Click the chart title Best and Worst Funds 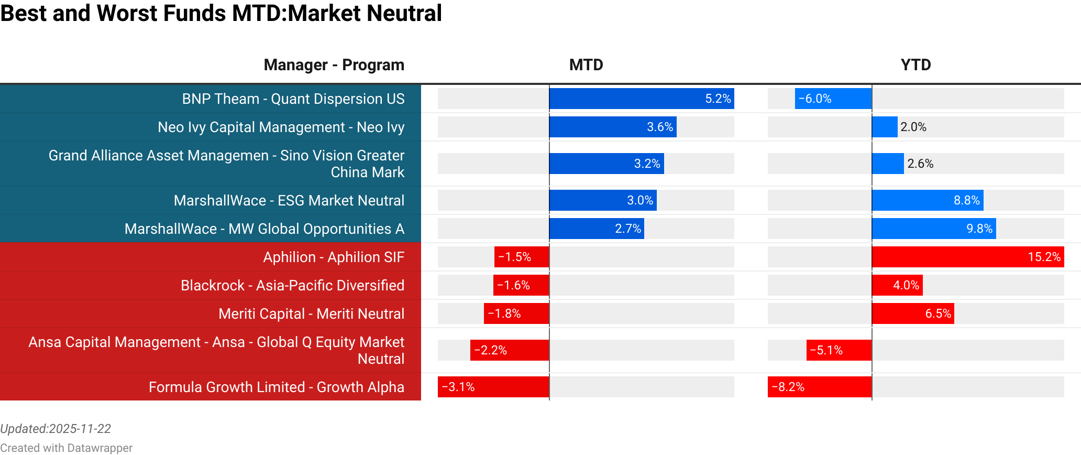click(x=221, y=14)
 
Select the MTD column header click(x=586, y=65)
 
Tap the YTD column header click(x=915, y=65)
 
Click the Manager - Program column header click(x=334, y=65)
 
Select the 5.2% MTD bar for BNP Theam click(x=641, y=99)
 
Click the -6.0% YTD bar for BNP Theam click(x=833, y=99)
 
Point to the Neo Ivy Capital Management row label click(x=281, y=127)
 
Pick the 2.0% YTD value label click(x=913, y=127)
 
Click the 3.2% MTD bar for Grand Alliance click(x=606, y=164)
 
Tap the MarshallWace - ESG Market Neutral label click(x=289, y=200)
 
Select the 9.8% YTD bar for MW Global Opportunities click(x=933, y=229)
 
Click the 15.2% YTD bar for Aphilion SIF click(x=967, y=257)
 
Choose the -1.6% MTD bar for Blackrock click(x=521, y=285)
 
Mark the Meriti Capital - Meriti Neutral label click(x=311, y=313)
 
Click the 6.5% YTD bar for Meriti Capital click(x=912, y=313)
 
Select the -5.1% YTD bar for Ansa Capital click(x=839, y=350)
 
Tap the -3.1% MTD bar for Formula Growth click(x=493, y=387)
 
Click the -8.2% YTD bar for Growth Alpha click(x=819, y=387)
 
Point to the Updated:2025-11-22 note click(x=56, y=429)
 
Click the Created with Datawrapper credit click(x=66, y=448)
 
